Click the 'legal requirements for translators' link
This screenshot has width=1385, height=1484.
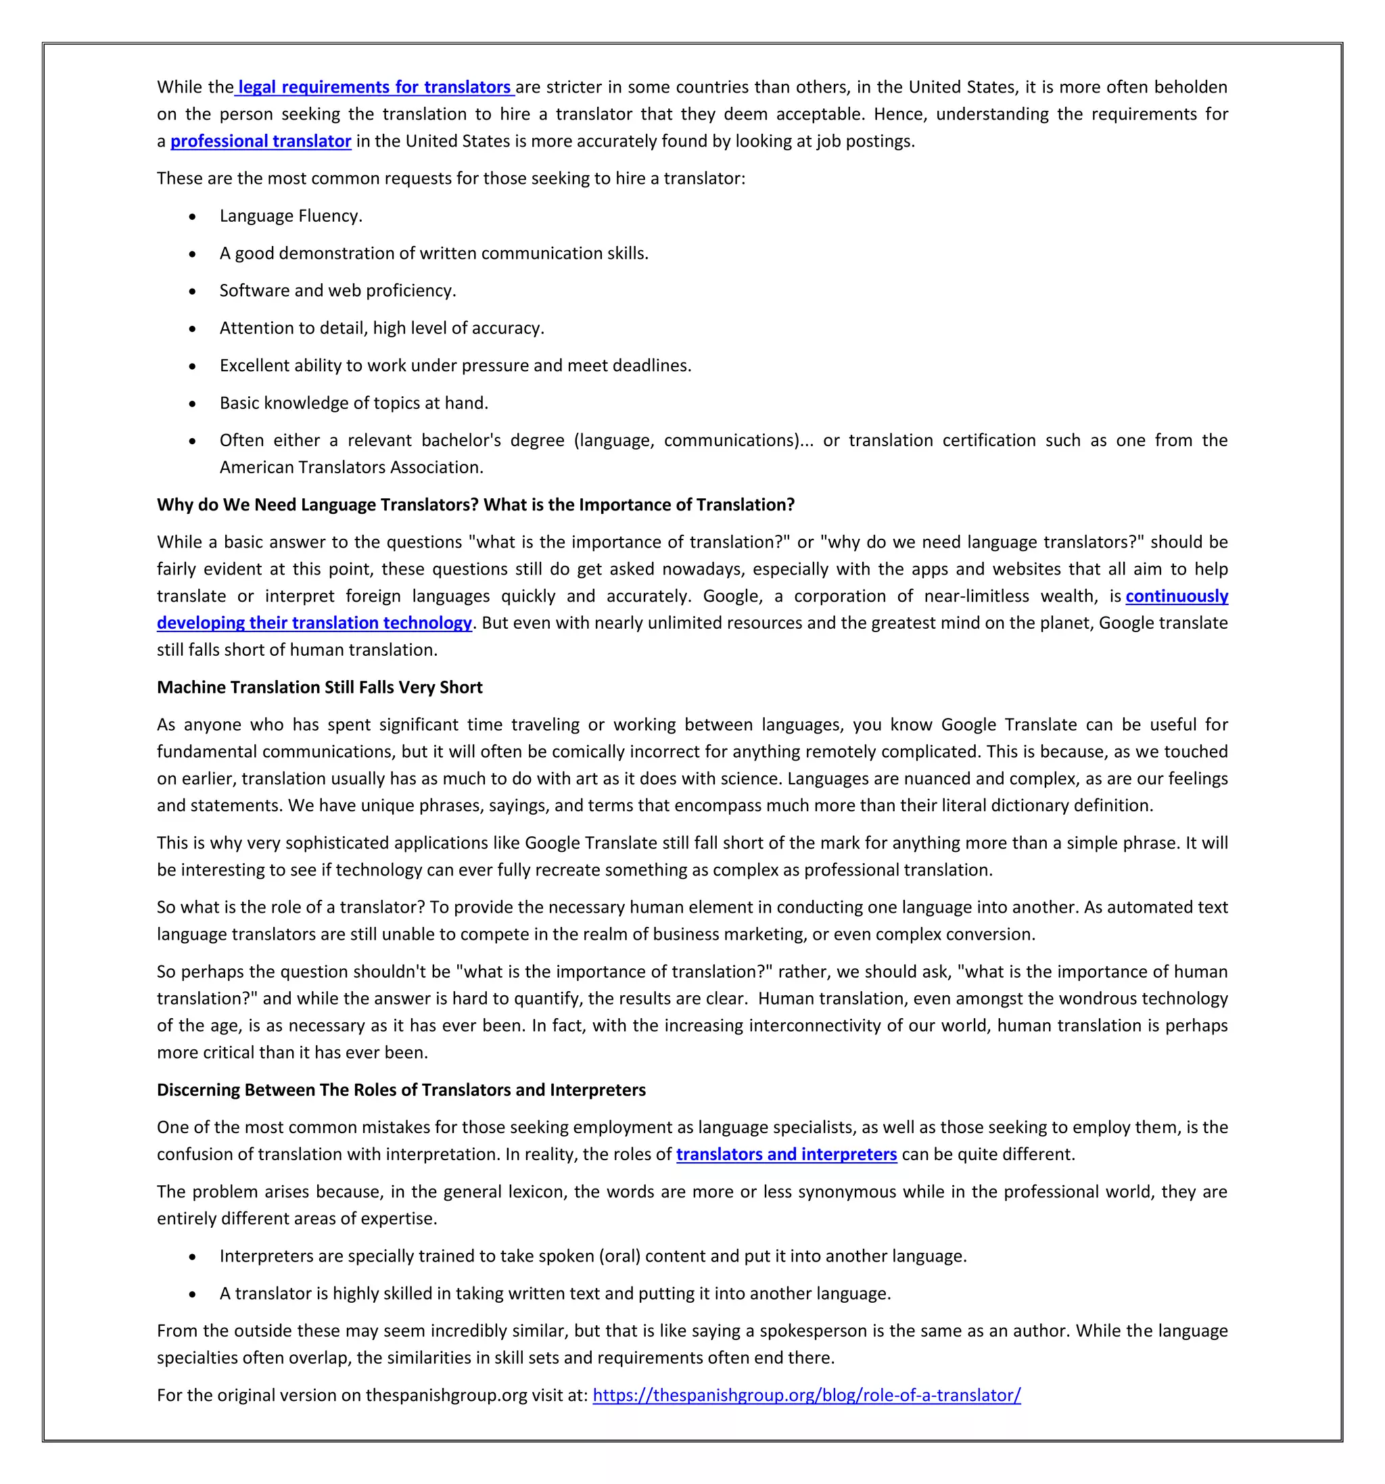click(374, 87)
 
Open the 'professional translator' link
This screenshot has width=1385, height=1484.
click(260, 141)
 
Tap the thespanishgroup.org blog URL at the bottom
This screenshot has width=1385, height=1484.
click(806, 1395)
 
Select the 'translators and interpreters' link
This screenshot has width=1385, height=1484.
click(787, 1154)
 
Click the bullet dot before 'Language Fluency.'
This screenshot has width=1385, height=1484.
click(193, 217)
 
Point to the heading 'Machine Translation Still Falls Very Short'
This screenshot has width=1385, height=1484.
click(320, 688)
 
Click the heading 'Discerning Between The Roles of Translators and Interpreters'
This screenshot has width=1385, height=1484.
click(401, 1090)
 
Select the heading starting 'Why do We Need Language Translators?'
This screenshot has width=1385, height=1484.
click(475, 504)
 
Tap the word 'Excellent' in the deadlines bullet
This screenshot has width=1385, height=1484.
click(254, 366)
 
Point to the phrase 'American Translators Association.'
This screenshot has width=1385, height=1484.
click(351, 467)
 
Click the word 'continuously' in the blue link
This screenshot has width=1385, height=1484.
click(1177, 596)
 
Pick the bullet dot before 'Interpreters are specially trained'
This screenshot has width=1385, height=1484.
click(193, 1257)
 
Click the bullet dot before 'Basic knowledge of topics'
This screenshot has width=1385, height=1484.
click(193, 404)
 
